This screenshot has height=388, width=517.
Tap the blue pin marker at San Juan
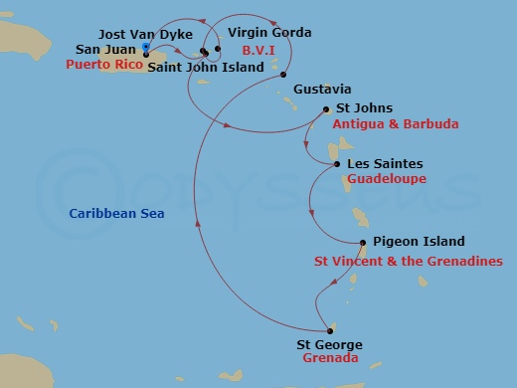coord(146,48)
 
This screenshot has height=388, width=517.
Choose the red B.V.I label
coord(257,49)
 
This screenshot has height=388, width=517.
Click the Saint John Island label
coord(206,67)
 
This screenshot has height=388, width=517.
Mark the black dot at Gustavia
coord(284,76)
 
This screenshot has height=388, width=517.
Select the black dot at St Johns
coord(327,109)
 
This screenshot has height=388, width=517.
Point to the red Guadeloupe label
coord(387,179)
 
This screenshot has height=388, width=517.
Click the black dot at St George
coord(328,331)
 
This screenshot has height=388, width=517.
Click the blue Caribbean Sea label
coord(117,214)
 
